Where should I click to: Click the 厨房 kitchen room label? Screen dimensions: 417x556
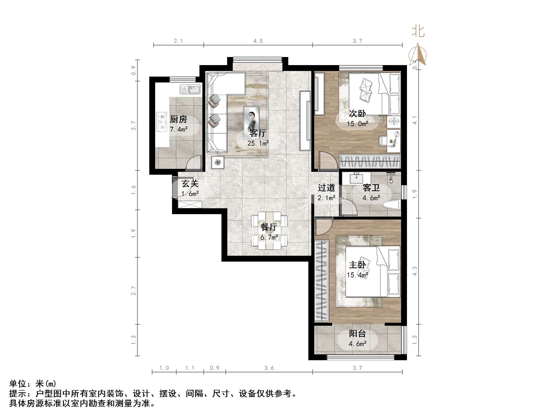coord(178,119)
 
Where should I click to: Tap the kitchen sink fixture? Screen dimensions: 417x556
coord(190,89)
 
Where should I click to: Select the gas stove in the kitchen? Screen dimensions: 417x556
coord(162,122)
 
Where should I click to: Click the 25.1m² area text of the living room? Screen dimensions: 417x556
coord(258,143)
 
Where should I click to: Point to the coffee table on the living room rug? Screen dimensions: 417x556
coord(251,119)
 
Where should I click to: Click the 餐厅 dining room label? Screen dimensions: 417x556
coord(269,227)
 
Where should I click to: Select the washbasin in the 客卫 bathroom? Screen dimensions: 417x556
coord(356,178)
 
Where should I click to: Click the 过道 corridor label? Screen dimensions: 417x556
coord(326,187)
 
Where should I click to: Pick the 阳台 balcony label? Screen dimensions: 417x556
coord(357,334)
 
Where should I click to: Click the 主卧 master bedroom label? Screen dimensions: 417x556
coord(357,265)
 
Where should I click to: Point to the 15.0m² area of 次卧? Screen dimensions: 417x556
coord(357,124)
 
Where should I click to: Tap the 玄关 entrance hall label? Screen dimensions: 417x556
coord(190,184)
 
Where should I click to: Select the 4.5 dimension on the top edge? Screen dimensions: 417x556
coord(258,41)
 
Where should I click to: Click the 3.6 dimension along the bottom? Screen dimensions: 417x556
coord(269,368)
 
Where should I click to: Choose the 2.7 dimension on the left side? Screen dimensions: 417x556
coord(133,290)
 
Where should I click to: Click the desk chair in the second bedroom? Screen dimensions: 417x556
coord(382,140)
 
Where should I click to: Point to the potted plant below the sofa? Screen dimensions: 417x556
coord(218,163)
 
